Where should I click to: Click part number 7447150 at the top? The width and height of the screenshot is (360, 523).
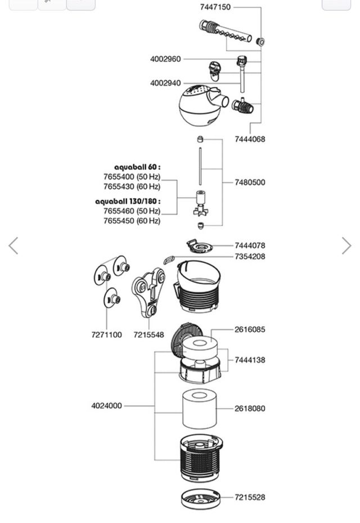(215, 7)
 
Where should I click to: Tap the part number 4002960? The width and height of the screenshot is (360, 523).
(165, 59)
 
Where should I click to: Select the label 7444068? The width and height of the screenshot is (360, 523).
(250, 139)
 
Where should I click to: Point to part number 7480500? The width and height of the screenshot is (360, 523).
(250, 182)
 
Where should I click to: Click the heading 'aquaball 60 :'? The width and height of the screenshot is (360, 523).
(137, 167)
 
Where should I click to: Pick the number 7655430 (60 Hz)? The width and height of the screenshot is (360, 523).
(132, 186)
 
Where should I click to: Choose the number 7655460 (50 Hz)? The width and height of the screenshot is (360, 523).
(132, 211)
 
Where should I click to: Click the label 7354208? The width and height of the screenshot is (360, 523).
(250, 257)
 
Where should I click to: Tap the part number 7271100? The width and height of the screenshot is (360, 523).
(106, 335)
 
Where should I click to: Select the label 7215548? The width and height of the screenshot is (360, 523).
(148, 335)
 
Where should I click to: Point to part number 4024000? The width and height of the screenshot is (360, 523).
(106, 405)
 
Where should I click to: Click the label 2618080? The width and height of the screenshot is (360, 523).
(250, 409)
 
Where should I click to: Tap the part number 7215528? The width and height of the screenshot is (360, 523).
(250, 497)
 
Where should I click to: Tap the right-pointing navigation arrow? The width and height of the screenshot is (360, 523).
(346, 246)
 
